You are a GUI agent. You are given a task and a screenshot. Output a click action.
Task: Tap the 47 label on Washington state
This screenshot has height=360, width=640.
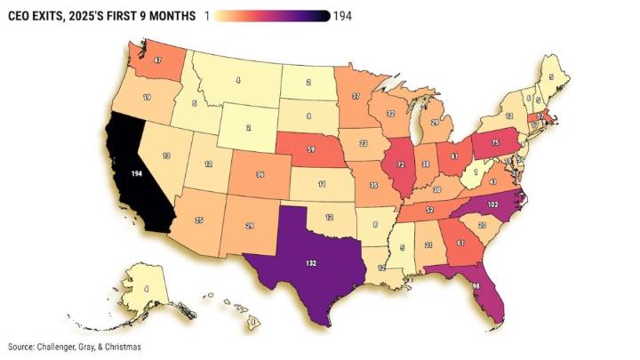point(157,61)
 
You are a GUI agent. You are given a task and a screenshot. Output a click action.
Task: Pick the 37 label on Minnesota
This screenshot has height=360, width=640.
point(356,95)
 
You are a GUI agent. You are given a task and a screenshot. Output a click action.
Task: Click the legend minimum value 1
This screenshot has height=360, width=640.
point(207,17)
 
